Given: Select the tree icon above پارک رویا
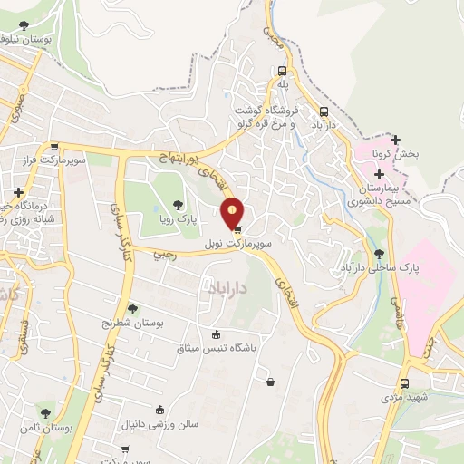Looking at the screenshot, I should click(177, 205).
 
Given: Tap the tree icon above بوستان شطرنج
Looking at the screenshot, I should click(133, 310).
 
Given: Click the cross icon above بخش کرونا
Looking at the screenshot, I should click(395, 139).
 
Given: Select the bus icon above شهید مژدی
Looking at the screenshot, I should click(404, 383).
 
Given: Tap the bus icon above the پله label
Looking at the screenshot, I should click(283, 70).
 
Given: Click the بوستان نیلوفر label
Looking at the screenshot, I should click(24, 39).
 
